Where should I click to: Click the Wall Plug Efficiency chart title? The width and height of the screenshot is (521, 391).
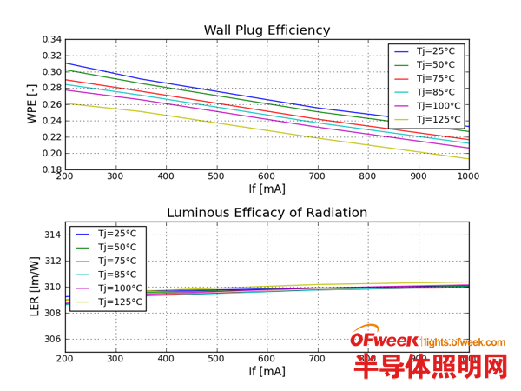tap(267, 30)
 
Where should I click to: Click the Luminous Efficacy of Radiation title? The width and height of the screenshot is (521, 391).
tap(267, 213)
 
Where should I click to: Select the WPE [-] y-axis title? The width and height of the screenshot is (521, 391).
tap(32, 103)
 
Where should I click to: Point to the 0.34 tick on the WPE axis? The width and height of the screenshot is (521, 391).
tap(51, 39)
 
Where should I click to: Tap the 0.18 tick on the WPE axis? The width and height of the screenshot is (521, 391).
tap(51, 169)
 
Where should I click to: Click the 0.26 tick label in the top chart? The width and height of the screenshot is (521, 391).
tap(51, 104)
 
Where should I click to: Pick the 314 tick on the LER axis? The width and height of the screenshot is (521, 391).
tap(52, 235)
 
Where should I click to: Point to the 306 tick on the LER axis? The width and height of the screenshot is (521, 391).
tap(52, 339)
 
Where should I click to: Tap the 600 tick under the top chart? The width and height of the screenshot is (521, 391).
tap(267, 176)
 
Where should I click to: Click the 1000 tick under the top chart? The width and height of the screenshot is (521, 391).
tap(469, 176)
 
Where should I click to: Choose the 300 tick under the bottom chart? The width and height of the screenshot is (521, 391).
tap(115, 358)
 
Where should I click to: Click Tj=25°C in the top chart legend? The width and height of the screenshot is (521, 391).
tap(439, 51)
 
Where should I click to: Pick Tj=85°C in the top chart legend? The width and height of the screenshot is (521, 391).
tap(439, 92)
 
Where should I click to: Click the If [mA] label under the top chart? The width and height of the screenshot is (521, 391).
tap(267, 189)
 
